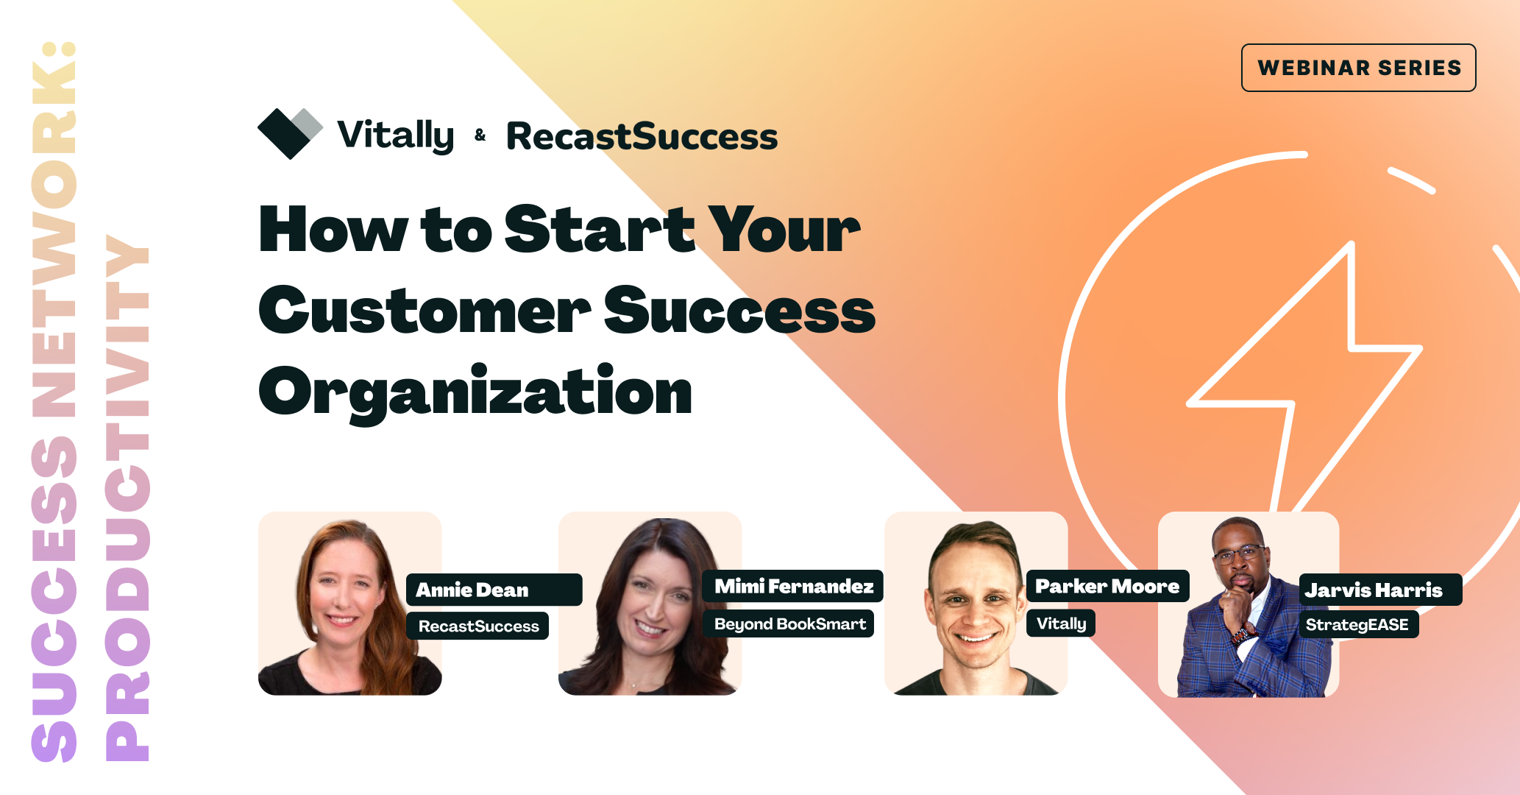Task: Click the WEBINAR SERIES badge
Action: point(1358,68)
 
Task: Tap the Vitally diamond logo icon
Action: point(289,133)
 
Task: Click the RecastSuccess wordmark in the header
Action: point(642,137)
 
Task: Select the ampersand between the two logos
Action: point(480,135)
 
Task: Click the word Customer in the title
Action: point(425,311)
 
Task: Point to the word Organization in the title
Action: point(475,392)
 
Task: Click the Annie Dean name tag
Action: point(493,590)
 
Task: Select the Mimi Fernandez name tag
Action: point(793,586)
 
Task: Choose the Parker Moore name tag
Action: point(1107,586)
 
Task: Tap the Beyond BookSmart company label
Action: point(789,624)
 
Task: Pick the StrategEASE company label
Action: point(1357,625)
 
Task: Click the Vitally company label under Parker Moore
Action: point(1061,623)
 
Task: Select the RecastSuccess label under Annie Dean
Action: point(478,626)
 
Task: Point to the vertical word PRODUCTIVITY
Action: point(128,498)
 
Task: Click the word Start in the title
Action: point(599,230)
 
